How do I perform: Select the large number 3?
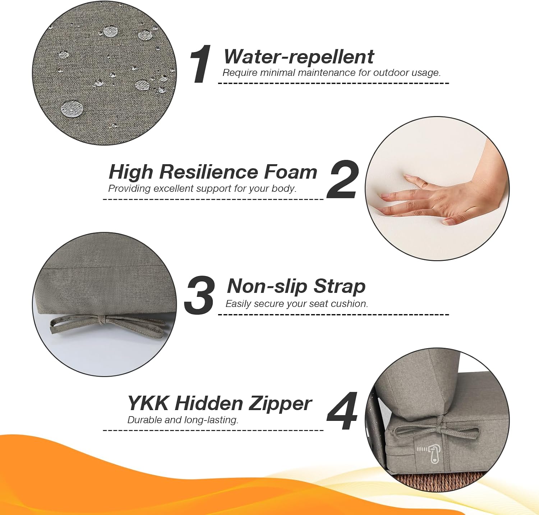pos(200,295)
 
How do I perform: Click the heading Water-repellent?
pos(299,56)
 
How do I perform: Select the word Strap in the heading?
pos(339,286)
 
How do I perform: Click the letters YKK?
pos(148,403)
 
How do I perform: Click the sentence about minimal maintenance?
pos(331,73)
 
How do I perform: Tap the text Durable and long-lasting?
pos(183,420)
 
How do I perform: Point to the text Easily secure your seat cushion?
pos(297,304)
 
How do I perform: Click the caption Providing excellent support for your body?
pos(202,188)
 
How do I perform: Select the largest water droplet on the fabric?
pos(72,109)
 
